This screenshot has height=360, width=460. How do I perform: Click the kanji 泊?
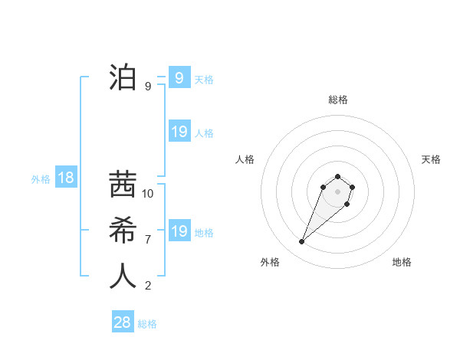(123, 77)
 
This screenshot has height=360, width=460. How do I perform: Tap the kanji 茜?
(123, 185)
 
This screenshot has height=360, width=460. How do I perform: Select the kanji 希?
(123, 231)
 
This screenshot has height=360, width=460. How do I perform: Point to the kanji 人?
(123, 277)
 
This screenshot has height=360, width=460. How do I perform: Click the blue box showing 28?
(123, 322)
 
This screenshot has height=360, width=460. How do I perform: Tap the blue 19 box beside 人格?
(179, 132)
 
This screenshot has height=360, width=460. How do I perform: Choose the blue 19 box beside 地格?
(179, 231)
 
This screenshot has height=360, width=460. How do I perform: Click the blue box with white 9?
(179, 77)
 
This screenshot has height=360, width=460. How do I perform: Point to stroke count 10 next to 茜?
(148, 194)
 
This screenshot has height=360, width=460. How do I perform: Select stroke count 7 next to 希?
(148, 240)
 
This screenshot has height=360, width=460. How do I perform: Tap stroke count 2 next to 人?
(148, 286)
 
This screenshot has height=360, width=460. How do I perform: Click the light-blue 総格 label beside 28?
(147, 324)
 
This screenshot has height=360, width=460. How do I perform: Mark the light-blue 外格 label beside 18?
(41, 179)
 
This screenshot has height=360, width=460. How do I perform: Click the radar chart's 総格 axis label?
(337, 100)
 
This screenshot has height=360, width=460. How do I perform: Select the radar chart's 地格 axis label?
(402, 263)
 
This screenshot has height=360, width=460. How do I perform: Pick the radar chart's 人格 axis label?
(245, 159)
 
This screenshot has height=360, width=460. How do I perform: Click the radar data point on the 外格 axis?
(302, 242)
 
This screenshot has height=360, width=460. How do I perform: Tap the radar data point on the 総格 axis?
(337, 177)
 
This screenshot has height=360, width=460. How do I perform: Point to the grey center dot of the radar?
(337, 191)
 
